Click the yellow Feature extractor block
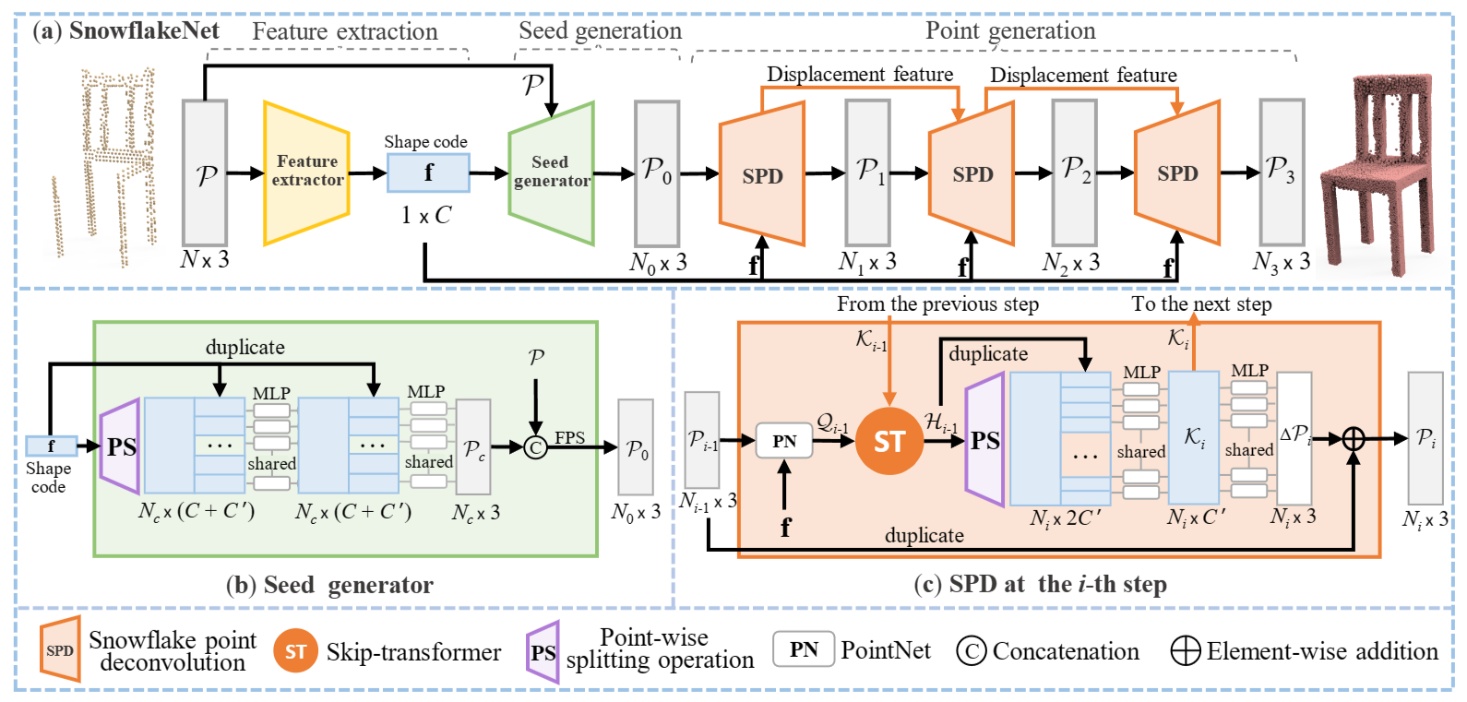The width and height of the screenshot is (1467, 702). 306,173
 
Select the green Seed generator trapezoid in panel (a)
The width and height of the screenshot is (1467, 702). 552,173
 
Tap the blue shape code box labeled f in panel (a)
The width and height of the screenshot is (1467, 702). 428,173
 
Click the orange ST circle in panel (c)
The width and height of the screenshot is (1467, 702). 889,441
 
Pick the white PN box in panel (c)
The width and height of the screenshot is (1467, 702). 784,441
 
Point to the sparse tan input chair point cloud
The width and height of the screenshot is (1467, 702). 105,166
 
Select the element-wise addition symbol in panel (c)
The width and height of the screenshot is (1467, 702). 1353,439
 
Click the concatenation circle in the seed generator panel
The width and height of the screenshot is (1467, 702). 535,447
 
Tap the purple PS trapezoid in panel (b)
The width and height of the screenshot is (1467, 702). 120,446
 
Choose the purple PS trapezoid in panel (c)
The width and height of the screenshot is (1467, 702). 985,439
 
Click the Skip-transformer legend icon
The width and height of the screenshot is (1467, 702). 295,651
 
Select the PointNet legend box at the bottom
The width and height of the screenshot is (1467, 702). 804,648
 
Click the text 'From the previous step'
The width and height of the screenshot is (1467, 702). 937,304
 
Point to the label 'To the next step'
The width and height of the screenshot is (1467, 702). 1202,304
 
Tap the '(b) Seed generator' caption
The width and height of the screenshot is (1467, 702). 329,585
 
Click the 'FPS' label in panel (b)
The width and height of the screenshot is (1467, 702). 570,437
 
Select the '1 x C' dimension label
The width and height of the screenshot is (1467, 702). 426,215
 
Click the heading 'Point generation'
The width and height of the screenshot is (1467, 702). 1010,30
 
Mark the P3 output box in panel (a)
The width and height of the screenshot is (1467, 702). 1282,173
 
